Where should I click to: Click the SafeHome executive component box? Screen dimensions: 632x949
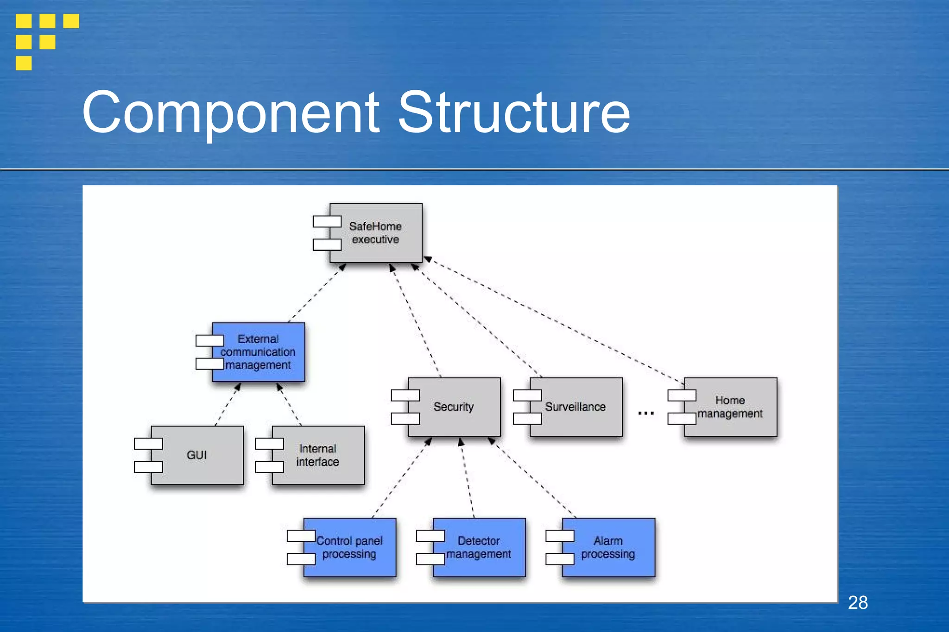[376, 233]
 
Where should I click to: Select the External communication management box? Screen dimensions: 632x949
[258, 352]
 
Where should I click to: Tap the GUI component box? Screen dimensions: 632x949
[197, 455]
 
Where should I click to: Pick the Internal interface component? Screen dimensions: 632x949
[318, 455]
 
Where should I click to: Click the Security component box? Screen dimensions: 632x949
[454, 407]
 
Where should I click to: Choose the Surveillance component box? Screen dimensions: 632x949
[576, 407]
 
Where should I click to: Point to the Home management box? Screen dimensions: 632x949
[730, 407]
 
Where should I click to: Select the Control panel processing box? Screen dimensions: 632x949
[349, 547]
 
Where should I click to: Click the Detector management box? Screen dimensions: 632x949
[479, 547]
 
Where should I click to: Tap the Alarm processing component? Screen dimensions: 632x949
[608, 547]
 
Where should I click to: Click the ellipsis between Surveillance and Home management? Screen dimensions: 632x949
[645, 413]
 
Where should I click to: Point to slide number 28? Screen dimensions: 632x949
[858, 602]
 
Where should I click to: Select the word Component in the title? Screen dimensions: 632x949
[231, 113]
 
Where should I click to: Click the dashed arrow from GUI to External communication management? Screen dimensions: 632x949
[228, 404]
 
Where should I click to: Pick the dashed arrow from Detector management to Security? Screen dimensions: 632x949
[467, 478]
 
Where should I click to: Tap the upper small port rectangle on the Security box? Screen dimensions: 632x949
[405, 395]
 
